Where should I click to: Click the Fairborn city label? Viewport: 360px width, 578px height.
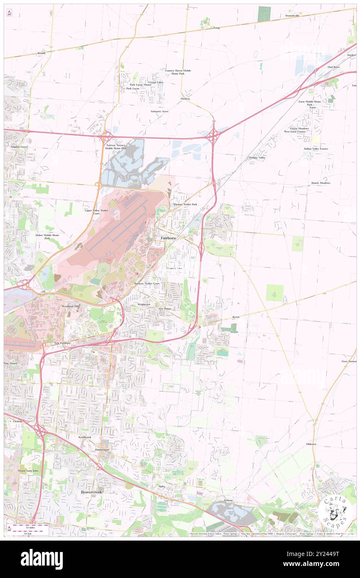168,237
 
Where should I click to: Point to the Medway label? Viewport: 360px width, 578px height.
185,99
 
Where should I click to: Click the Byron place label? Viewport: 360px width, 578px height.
236,317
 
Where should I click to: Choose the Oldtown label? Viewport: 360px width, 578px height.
311,444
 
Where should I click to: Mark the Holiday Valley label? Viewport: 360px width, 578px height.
257,158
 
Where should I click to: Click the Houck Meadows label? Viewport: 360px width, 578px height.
321,183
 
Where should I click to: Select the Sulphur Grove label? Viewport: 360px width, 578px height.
16,147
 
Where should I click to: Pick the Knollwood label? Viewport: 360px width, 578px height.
84,437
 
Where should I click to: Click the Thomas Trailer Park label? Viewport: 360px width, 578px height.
185,204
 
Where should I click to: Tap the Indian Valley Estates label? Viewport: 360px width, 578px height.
316,148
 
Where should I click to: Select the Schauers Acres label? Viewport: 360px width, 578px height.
159,111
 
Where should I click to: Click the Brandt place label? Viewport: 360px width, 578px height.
41,53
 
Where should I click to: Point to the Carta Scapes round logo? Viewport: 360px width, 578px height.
335,512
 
